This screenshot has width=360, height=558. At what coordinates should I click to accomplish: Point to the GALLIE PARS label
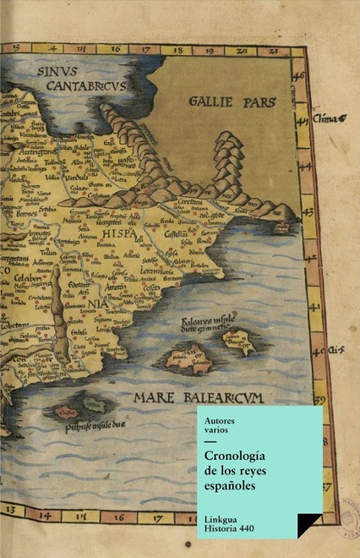tap(232, 102)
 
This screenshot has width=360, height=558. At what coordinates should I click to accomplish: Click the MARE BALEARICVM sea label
tap(198, 397)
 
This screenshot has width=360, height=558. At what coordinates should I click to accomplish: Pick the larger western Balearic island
tap(190, 356)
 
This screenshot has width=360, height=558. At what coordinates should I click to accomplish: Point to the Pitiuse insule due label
tap(95, 425)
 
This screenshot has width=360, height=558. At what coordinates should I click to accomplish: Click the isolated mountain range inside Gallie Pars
tap(227, 155)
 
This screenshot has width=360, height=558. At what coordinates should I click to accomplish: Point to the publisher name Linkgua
tap(223, 519)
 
